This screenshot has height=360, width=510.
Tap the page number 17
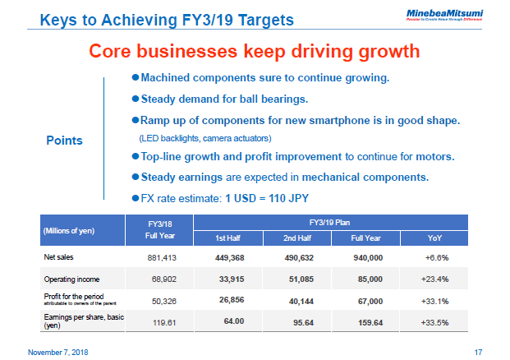coord(478,352)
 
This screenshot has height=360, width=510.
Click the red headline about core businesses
coord(254,51)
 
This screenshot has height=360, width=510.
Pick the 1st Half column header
coord(227,238)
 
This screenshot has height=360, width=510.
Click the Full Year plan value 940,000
coord(367,258)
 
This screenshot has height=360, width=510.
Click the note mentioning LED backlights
coord(205,136)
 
